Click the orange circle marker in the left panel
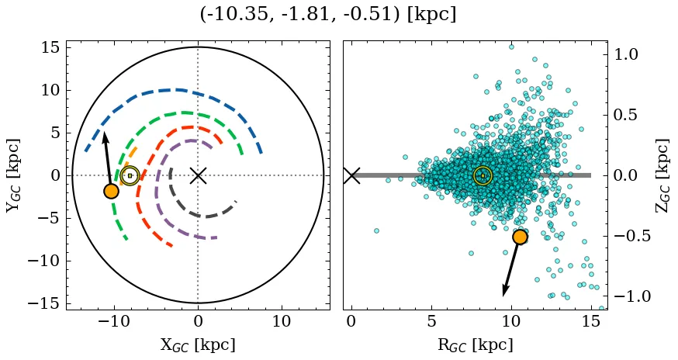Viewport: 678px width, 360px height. click(x=111, y=191)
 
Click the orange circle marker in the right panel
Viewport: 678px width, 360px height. click(x=520, y=237)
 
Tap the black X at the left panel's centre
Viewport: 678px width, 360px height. click(x=198, y=175)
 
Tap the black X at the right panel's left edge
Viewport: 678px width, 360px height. click(x=351, y=175)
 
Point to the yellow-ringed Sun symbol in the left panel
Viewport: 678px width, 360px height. click(x=130, y=175)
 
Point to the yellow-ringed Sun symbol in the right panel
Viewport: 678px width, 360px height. click(x=483, y=175)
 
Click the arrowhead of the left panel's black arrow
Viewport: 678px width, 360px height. click(x=105, y=136)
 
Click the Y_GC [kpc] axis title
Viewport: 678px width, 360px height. click(x=13, y=175)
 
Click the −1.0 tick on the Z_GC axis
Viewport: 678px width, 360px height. click(x=631, y=296)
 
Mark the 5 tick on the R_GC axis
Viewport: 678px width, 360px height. click(x=431, y=321)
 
